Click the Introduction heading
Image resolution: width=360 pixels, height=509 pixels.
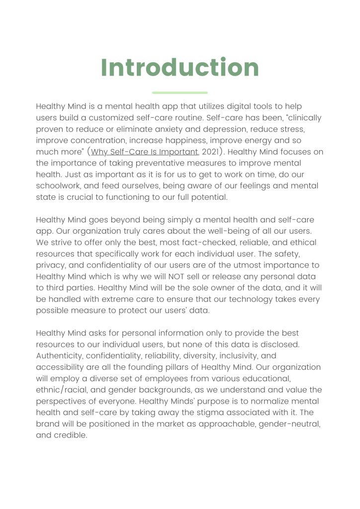click(180, 68)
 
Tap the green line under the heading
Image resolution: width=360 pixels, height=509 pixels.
click(180, 92)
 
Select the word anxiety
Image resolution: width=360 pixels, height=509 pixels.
click(182, 130)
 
